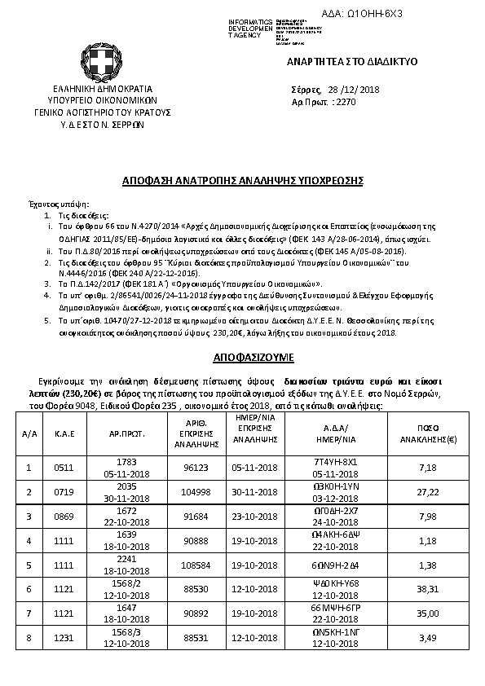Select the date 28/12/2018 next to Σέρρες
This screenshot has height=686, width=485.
click(359, 90)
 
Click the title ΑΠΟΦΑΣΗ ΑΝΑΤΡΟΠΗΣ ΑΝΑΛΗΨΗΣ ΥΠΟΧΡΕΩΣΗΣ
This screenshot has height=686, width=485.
click(241, 178)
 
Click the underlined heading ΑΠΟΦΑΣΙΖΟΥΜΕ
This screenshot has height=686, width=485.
click(242, 358)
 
